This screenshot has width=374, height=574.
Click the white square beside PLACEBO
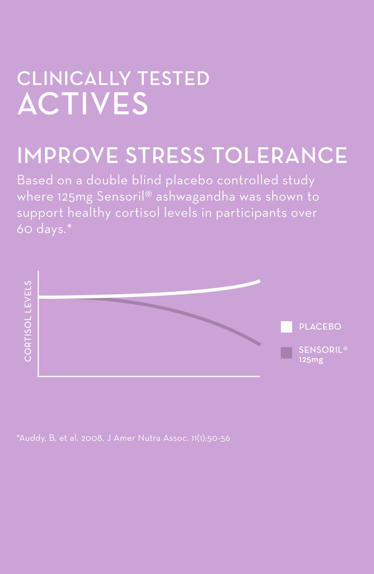click(286, 327)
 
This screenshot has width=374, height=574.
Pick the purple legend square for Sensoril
click(286, 353)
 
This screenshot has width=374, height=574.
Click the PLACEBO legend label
click(320, 327)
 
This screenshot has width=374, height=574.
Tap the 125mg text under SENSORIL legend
click(311, 360)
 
